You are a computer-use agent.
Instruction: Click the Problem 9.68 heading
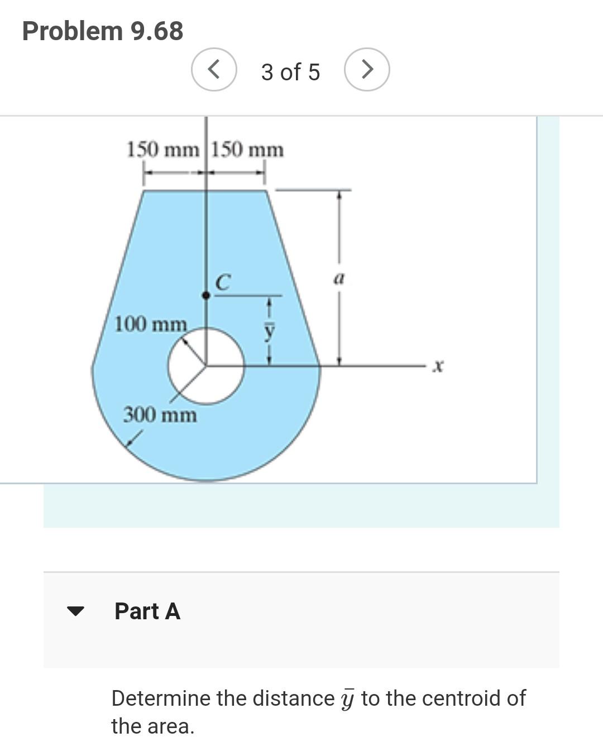tap(103, 31)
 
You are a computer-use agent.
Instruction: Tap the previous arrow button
tap(214, 70)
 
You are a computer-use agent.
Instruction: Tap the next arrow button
tap(367, 70)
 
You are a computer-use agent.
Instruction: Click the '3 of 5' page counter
tap(290, 72)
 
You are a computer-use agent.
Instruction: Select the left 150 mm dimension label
tap(162, 150)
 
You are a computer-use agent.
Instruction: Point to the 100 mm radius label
tap(150, 324)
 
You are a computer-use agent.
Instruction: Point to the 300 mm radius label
tap(160, 415)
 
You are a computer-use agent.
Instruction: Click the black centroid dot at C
tap(205, 296)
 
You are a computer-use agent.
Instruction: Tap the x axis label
tap(439, 367)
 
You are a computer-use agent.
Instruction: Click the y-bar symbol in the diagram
tap(270, 330)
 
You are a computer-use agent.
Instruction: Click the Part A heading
tap(147, 611)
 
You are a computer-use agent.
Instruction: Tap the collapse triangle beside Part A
tap(75, 611)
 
